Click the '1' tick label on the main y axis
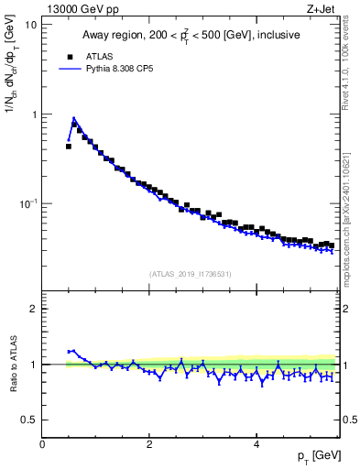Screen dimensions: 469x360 point(34,115)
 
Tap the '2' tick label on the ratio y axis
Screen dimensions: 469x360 point(34,309)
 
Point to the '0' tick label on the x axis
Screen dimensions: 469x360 point(42,444)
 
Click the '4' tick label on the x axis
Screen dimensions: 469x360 point(256,444)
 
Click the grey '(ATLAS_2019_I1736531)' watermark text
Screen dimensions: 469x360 point(191,273)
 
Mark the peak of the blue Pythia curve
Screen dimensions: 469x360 point(73,118)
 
